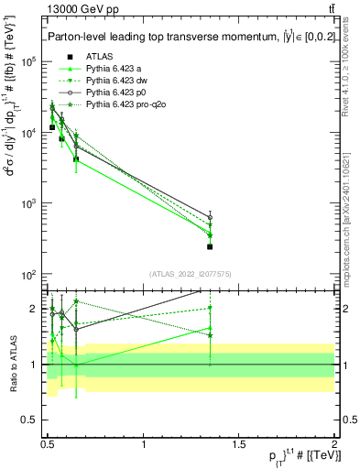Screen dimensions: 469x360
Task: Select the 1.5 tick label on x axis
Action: pos(239,443)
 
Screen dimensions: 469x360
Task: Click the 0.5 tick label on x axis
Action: pos(48,443)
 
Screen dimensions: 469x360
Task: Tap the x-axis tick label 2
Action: pos(334,443)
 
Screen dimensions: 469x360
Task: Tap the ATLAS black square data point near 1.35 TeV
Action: pos(210,246)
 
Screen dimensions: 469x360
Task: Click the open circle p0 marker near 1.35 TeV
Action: pos(210,217)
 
